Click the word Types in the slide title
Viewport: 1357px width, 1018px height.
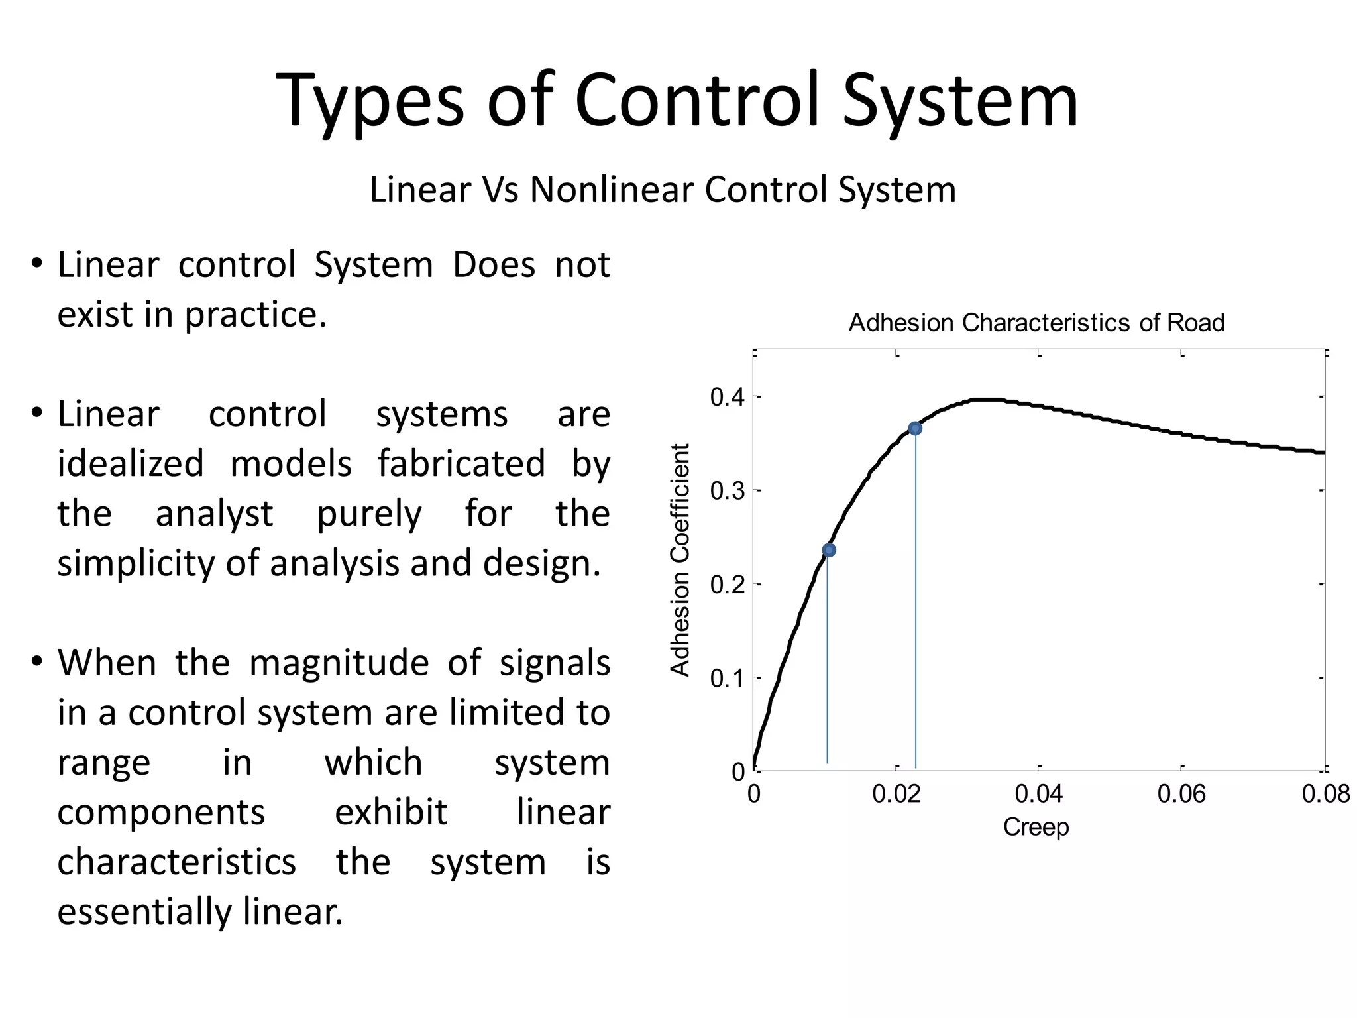click(370, 101)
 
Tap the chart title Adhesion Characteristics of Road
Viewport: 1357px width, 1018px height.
click(1036, 323)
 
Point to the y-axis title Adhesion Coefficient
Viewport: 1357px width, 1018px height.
click(680, 560)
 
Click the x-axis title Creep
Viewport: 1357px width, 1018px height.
click(1036, 827)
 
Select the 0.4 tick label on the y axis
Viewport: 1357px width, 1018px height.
click(727, 398)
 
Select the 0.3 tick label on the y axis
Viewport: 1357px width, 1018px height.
click(727, 491)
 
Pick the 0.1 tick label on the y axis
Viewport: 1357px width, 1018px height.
click(727, 679)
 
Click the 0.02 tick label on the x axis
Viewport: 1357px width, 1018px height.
click(896, 794)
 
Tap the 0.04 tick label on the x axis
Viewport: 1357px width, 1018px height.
click(1039, 794)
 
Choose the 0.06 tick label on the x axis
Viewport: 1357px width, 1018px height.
click(1181, 794)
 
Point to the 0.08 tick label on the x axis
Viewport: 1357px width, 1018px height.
click(1325, 794)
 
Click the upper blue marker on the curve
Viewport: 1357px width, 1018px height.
click(915, 429)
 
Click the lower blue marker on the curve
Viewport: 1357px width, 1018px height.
click(829, 550)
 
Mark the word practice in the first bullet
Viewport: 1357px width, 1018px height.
click(255, 315)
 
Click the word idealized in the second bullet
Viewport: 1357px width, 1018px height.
click(131, 463)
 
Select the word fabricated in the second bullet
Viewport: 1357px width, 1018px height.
click(461, 463)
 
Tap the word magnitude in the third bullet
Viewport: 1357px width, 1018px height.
click(339, 662)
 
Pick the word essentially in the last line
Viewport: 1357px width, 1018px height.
click(144, 911)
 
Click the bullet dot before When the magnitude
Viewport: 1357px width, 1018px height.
click(37, 661)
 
